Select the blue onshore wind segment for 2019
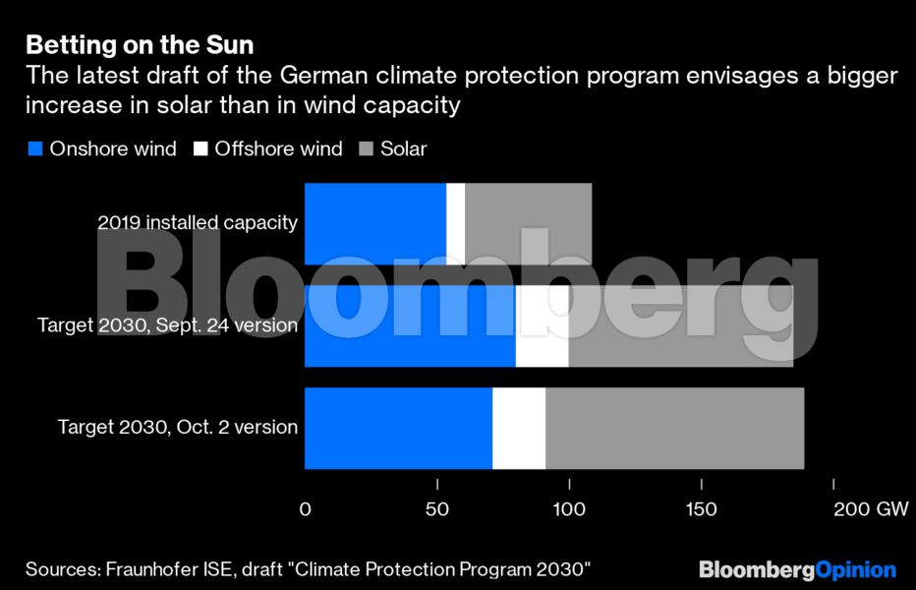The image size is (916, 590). (x=374, y=223)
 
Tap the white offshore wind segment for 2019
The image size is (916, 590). (x=455, y=223)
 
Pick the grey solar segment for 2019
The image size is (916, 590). (x=528, y=223)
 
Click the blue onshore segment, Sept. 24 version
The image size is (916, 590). (x=410, y=325)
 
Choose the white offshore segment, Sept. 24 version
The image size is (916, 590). (x=542, y=325)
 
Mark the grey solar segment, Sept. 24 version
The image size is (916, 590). (x=680, y=325)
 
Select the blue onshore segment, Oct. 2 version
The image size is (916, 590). (x=398, y=428)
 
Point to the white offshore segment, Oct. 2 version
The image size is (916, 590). (x=518, y=428)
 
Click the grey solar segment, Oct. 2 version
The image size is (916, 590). (x=674, y=428)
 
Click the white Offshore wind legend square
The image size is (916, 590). (x=200, y=149)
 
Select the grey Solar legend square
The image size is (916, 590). (x=366, y=149)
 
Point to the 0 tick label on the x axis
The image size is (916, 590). (x=305, y=509)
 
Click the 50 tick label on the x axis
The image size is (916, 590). (x=436, y=509)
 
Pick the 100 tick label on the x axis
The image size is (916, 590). (x=569, y=509)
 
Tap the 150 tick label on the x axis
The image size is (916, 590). (x=701, y=509)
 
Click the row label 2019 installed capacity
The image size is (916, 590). (x=197, y=222)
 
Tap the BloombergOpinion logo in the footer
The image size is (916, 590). (x=797, y=570)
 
